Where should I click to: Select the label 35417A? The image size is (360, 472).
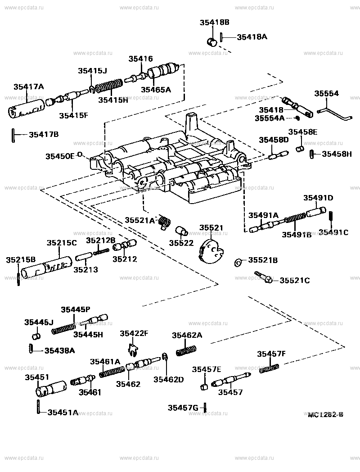click(28, 87)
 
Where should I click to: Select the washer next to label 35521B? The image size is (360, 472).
click(238, 262)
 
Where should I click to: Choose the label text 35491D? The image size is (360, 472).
click(318, 198)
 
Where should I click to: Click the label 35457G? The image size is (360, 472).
click(183, 408)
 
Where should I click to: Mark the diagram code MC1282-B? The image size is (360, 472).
click(326, 414)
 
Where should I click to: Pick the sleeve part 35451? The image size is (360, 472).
click(50, 387)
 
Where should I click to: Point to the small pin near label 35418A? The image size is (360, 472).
click(222, 37)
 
